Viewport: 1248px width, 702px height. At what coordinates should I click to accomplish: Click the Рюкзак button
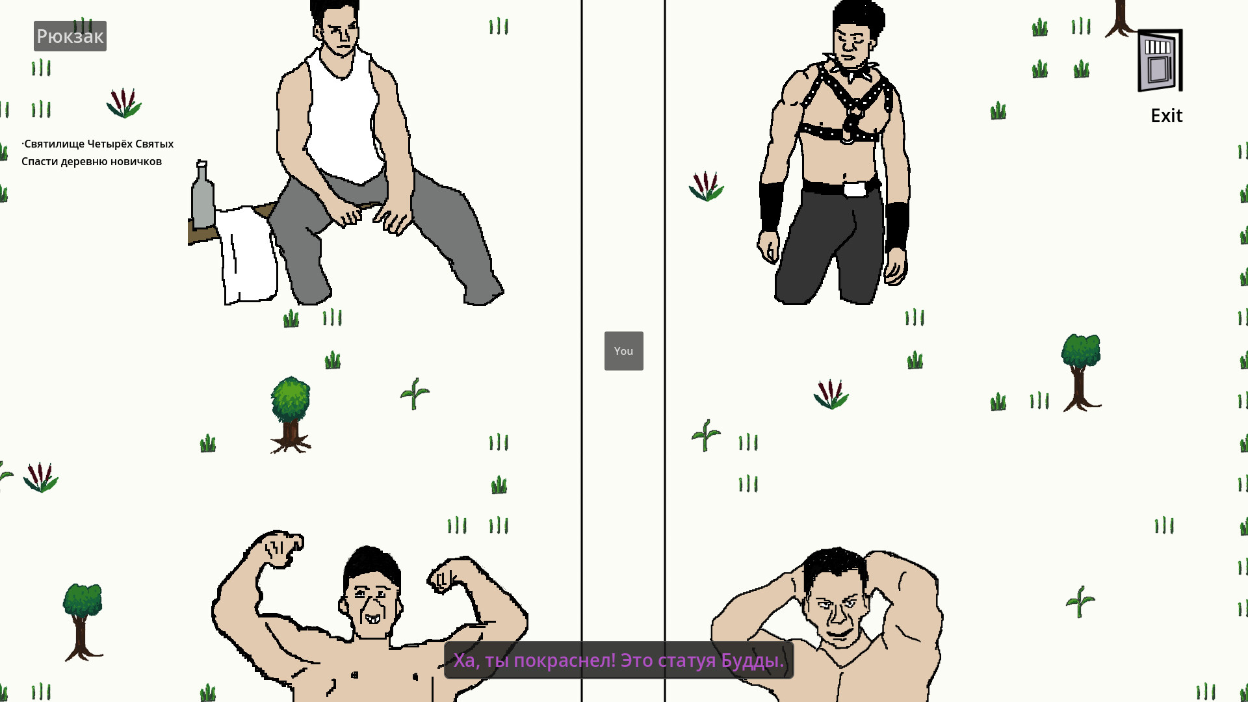point(70,36)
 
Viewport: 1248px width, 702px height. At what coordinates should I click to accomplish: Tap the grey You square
point(624,351)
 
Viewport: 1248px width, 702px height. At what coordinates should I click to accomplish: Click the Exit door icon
point(1160,60)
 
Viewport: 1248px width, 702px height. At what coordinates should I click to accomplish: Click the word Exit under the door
point(1167,116)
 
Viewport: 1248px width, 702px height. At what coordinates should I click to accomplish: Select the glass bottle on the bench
point(202,195)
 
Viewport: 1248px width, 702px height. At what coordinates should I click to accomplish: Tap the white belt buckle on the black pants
point(855,189)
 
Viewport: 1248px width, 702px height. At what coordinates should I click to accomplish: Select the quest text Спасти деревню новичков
point(92,161)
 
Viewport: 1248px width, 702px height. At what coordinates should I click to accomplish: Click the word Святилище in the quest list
point(55,144)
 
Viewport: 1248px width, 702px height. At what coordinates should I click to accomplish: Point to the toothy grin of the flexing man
point(373,618)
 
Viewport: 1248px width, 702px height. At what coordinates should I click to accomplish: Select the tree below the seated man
point(291,415)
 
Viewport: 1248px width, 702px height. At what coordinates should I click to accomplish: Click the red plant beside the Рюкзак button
point(123,103)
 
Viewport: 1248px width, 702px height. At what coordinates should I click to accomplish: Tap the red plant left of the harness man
point(707,186)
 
